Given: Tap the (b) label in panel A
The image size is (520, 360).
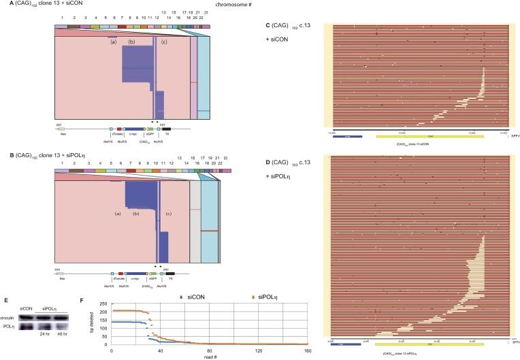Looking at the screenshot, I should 132,42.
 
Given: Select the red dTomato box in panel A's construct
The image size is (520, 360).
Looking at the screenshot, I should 119,128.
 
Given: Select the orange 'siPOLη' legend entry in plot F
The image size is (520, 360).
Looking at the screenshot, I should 242,297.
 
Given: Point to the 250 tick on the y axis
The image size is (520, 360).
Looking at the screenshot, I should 105,301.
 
